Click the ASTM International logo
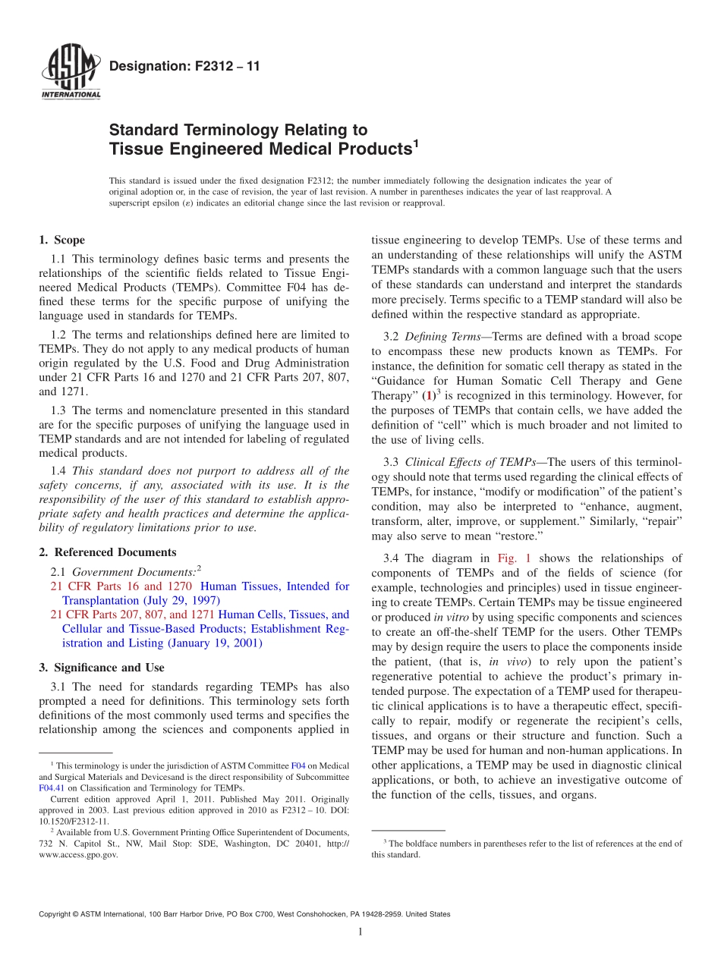(71, 74)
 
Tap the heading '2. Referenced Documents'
(107, 552)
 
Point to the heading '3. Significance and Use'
(101, 668)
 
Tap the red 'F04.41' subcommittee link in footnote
(51, 788)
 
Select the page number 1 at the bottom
(360, 932)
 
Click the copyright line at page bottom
(244, 914)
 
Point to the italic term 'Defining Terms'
(438, 336)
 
